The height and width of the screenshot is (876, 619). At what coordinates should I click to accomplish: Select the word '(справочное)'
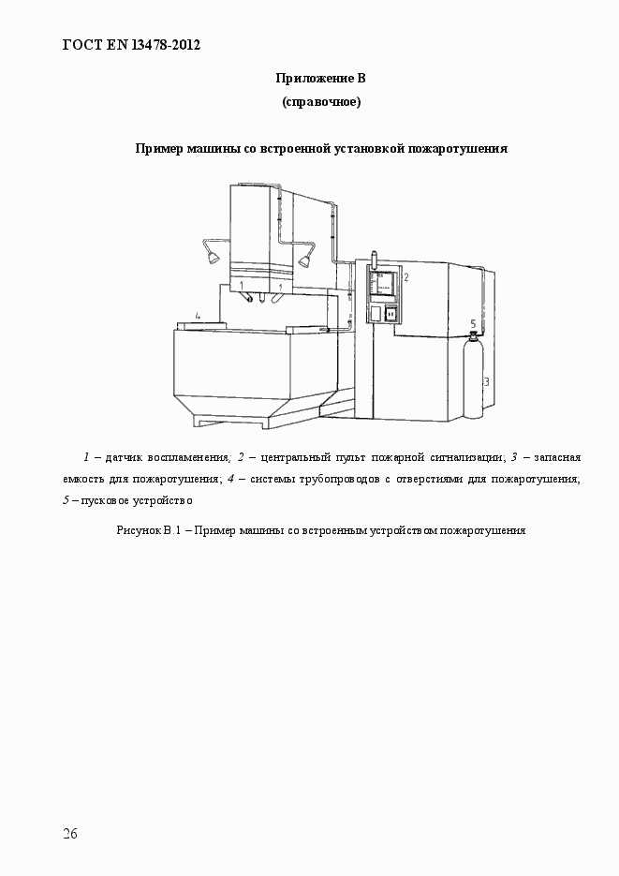point(321,102)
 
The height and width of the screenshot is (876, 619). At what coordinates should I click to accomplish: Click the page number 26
point(70,834)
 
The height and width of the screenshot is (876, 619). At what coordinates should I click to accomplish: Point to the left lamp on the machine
point(212,254)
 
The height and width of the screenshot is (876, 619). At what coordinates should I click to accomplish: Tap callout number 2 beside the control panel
point(405,277)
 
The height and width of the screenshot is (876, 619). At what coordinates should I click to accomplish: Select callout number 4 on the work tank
point(198,315)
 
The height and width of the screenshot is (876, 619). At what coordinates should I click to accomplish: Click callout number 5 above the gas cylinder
point(473,323)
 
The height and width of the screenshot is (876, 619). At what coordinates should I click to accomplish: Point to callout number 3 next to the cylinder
point(486,381)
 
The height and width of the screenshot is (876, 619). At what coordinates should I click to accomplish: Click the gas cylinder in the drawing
point(474,379)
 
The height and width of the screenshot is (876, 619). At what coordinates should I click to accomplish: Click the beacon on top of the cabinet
point(373,255)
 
